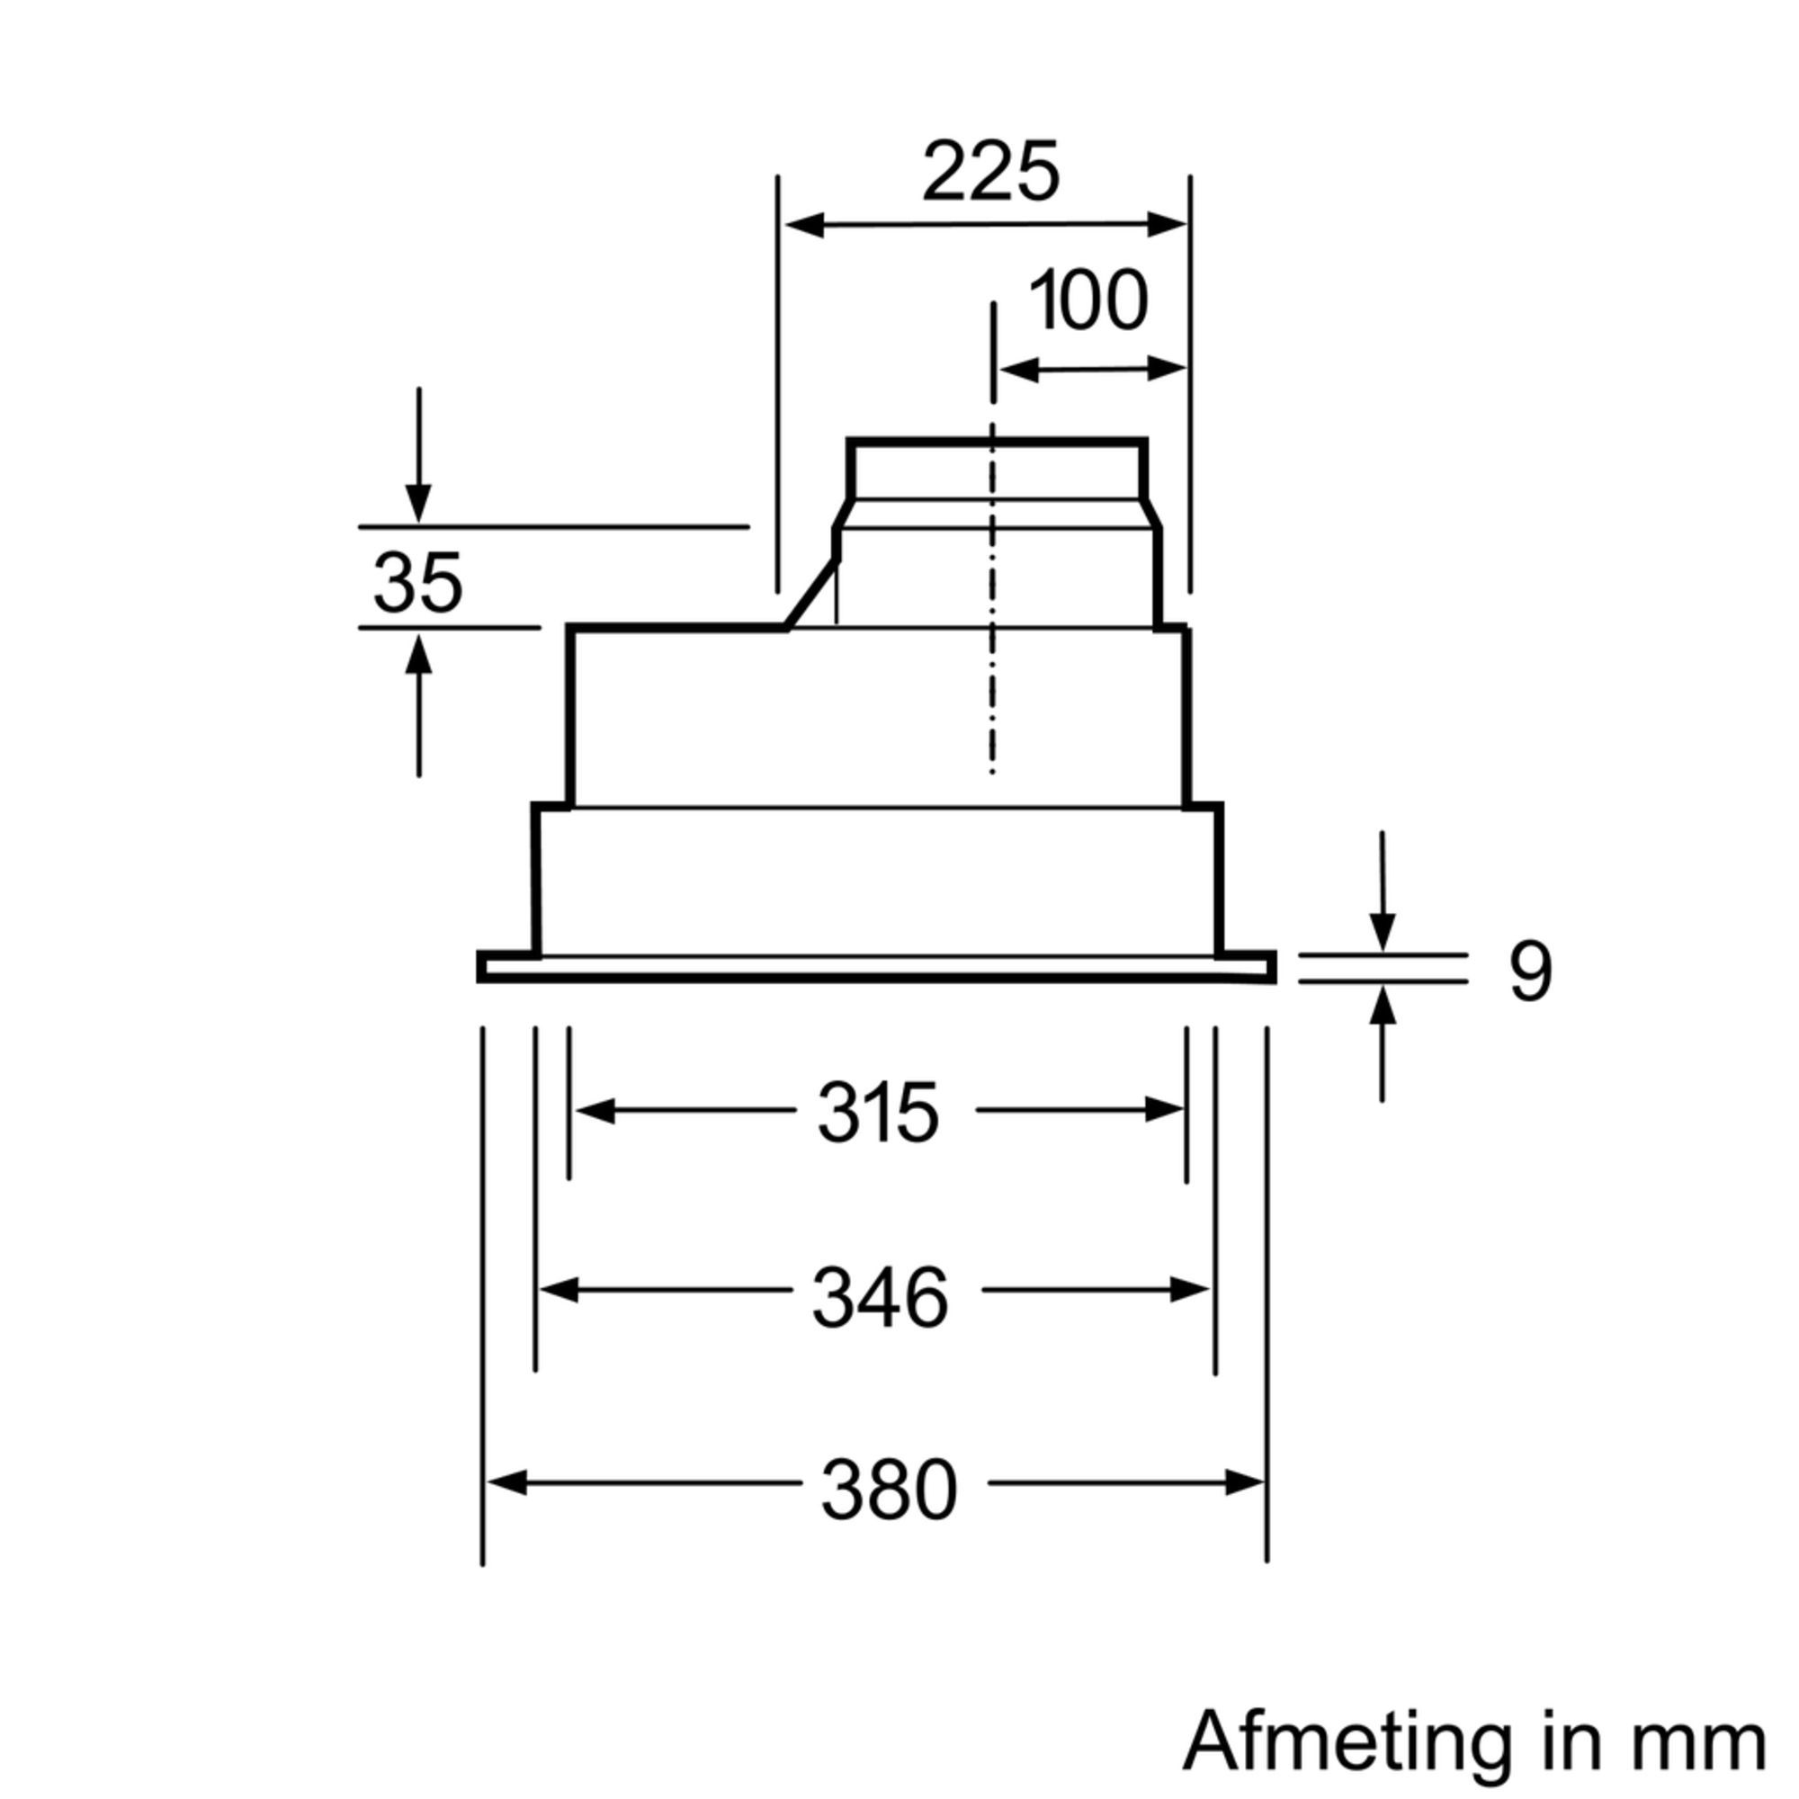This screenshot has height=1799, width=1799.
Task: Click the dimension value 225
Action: click(x=990, y=173)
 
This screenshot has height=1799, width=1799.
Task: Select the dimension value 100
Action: click(x=1087, y=300)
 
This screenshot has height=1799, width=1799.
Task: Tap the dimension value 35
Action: click(x=418, y=583)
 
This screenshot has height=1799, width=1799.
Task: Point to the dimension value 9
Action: click(x=1530, y=973)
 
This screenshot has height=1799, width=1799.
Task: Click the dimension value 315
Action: click(x=878, y=1113)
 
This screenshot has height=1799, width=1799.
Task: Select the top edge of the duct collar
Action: click(x=997, y=443)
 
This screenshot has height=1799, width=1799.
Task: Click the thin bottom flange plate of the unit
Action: click(x=875, y=977)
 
